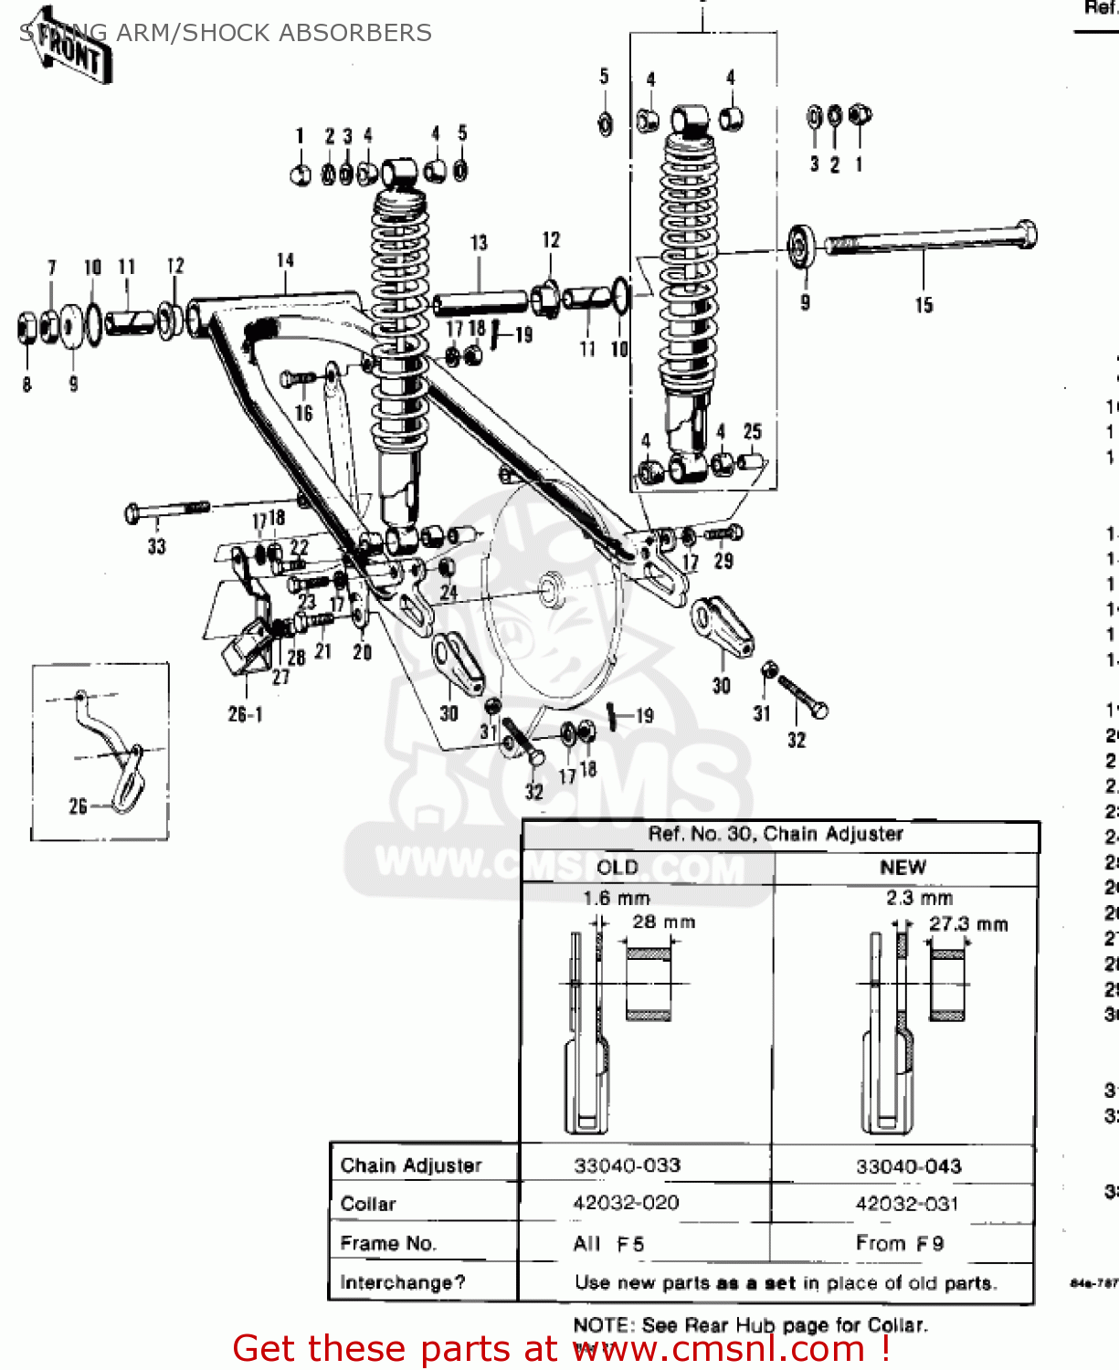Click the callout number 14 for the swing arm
286,260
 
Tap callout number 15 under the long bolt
924,305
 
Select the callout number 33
157,546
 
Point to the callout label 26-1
245,714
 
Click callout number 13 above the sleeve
479,243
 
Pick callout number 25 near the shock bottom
752,431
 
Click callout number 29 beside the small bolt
723,561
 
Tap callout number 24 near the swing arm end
449,592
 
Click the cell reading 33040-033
628,1165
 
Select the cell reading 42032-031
907,1204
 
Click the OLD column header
618,867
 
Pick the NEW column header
903,867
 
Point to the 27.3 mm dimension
968,923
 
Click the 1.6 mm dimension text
617,898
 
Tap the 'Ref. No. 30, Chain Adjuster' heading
776,834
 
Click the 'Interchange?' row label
403,1282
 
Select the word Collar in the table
368,1204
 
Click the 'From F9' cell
900,1243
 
